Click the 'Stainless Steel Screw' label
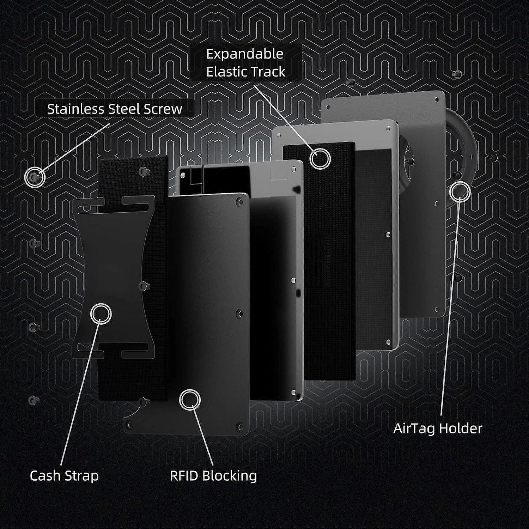click(115, 109)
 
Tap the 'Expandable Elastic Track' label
click(246, 63)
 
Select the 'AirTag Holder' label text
click(438, 428)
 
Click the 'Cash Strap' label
click(64, 476)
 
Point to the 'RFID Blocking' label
click(213, 476)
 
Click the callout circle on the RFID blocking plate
click(190, 400)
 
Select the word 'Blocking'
click(229, 476)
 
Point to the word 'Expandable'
click(245, 54)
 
